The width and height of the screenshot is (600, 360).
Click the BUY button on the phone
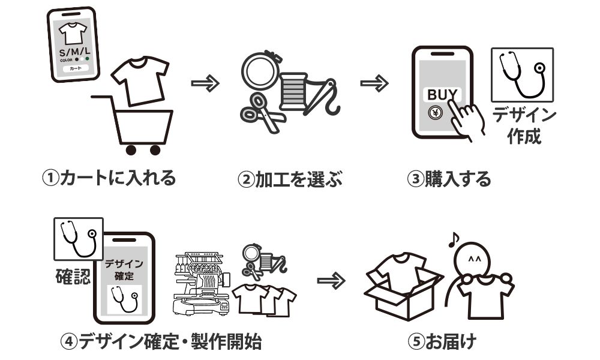[x=442, y=94]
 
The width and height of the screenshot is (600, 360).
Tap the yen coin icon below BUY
[x=436, y=113]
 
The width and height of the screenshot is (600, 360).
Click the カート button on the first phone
[x=76, y=68]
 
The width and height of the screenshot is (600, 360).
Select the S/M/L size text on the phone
[x=74, y=52]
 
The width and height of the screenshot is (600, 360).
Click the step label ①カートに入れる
[x=109, y=178]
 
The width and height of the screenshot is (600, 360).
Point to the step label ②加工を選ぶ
[x=290, y=179]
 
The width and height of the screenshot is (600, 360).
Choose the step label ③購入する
[x=449, y=179]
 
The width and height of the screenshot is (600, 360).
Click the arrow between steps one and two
[x=205, y=83]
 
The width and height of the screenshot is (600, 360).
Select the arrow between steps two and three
[x=374, y=83]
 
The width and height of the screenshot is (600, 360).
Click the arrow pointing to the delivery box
[x=331, y=281]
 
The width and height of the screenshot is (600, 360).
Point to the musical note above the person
[x=454, y=240]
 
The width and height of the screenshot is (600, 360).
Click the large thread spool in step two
[x=293, y=91]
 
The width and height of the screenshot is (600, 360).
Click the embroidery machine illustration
[x=201, y=283]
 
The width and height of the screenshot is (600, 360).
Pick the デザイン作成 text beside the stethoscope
[x=524, y=125]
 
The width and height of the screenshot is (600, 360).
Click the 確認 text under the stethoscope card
[x=73, y=276]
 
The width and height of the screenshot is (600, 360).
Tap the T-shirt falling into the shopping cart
[x=140, y=81]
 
